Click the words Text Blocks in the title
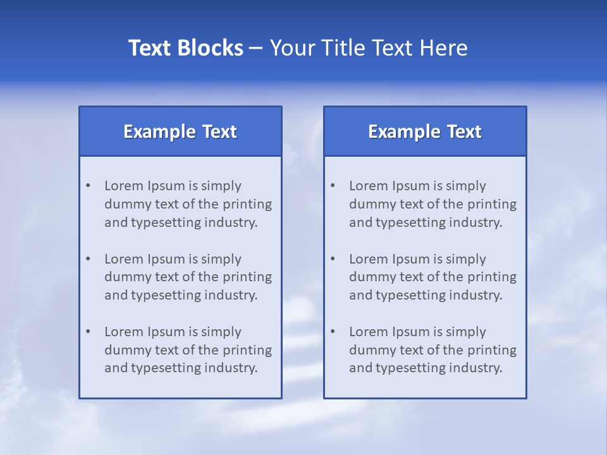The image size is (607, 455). pos(185,48)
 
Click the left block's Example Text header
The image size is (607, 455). pos(180,131)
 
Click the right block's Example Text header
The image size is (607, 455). pos(425,131)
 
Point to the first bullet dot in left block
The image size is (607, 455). pos(88,186)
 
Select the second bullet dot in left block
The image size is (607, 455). pos(88,259)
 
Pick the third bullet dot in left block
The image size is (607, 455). pos(88,332)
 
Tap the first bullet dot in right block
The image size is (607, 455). pos(333,186)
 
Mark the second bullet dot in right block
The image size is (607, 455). pos(333,259)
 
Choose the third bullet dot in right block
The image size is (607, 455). pos(333,332)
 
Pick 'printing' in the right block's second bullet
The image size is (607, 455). pos(492,277)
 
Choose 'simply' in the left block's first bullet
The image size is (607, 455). pos(221,186)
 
